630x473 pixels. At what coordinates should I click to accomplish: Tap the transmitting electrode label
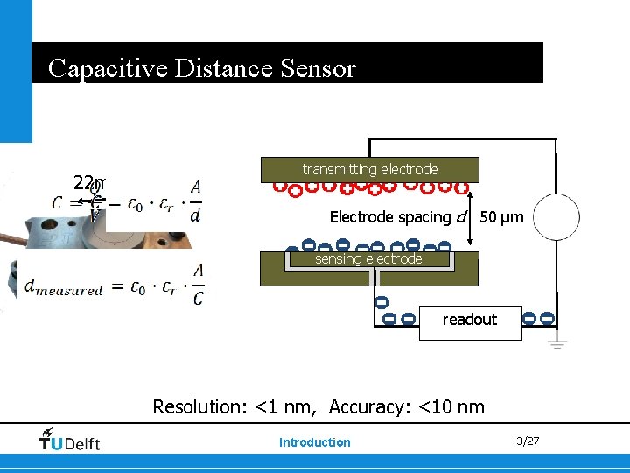[369, 169]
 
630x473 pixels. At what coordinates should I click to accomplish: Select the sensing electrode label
[368, 259]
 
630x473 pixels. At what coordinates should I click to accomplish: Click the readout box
[470, 321]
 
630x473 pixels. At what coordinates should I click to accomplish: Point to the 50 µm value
[502, 217]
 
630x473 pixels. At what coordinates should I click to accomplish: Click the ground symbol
[556, 343]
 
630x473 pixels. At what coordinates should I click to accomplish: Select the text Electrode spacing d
[398, 217]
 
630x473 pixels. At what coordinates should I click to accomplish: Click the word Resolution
[199, 406]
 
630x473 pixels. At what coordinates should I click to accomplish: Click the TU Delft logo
[70, 441]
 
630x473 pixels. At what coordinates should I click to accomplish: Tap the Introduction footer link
[314, 442]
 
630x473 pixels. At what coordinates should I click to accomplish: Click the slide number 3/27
[528, 441]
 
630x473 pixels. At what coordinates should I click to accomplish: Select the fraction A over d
[195, 201]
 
